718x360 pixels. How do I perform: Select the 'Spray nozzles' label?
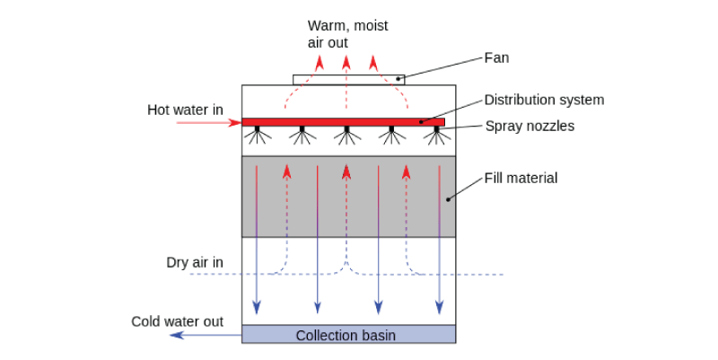530,126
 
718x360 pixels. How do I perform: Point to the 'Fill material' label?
521,178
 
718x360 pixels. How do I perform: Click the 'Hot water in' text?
185,110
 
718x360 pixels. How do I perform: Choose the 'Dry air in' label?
195,262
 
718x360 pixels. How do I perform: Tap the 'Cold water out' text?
176,320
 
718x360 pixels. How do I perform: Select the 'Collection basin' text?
346,336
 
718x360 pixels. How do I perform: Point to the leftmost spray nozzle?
258,136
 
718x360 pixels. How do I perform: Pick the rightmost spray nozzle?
436,136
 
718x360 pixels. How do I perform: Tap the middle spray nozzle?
346,136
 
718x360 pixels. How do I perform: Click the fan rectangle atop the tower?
348,79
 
